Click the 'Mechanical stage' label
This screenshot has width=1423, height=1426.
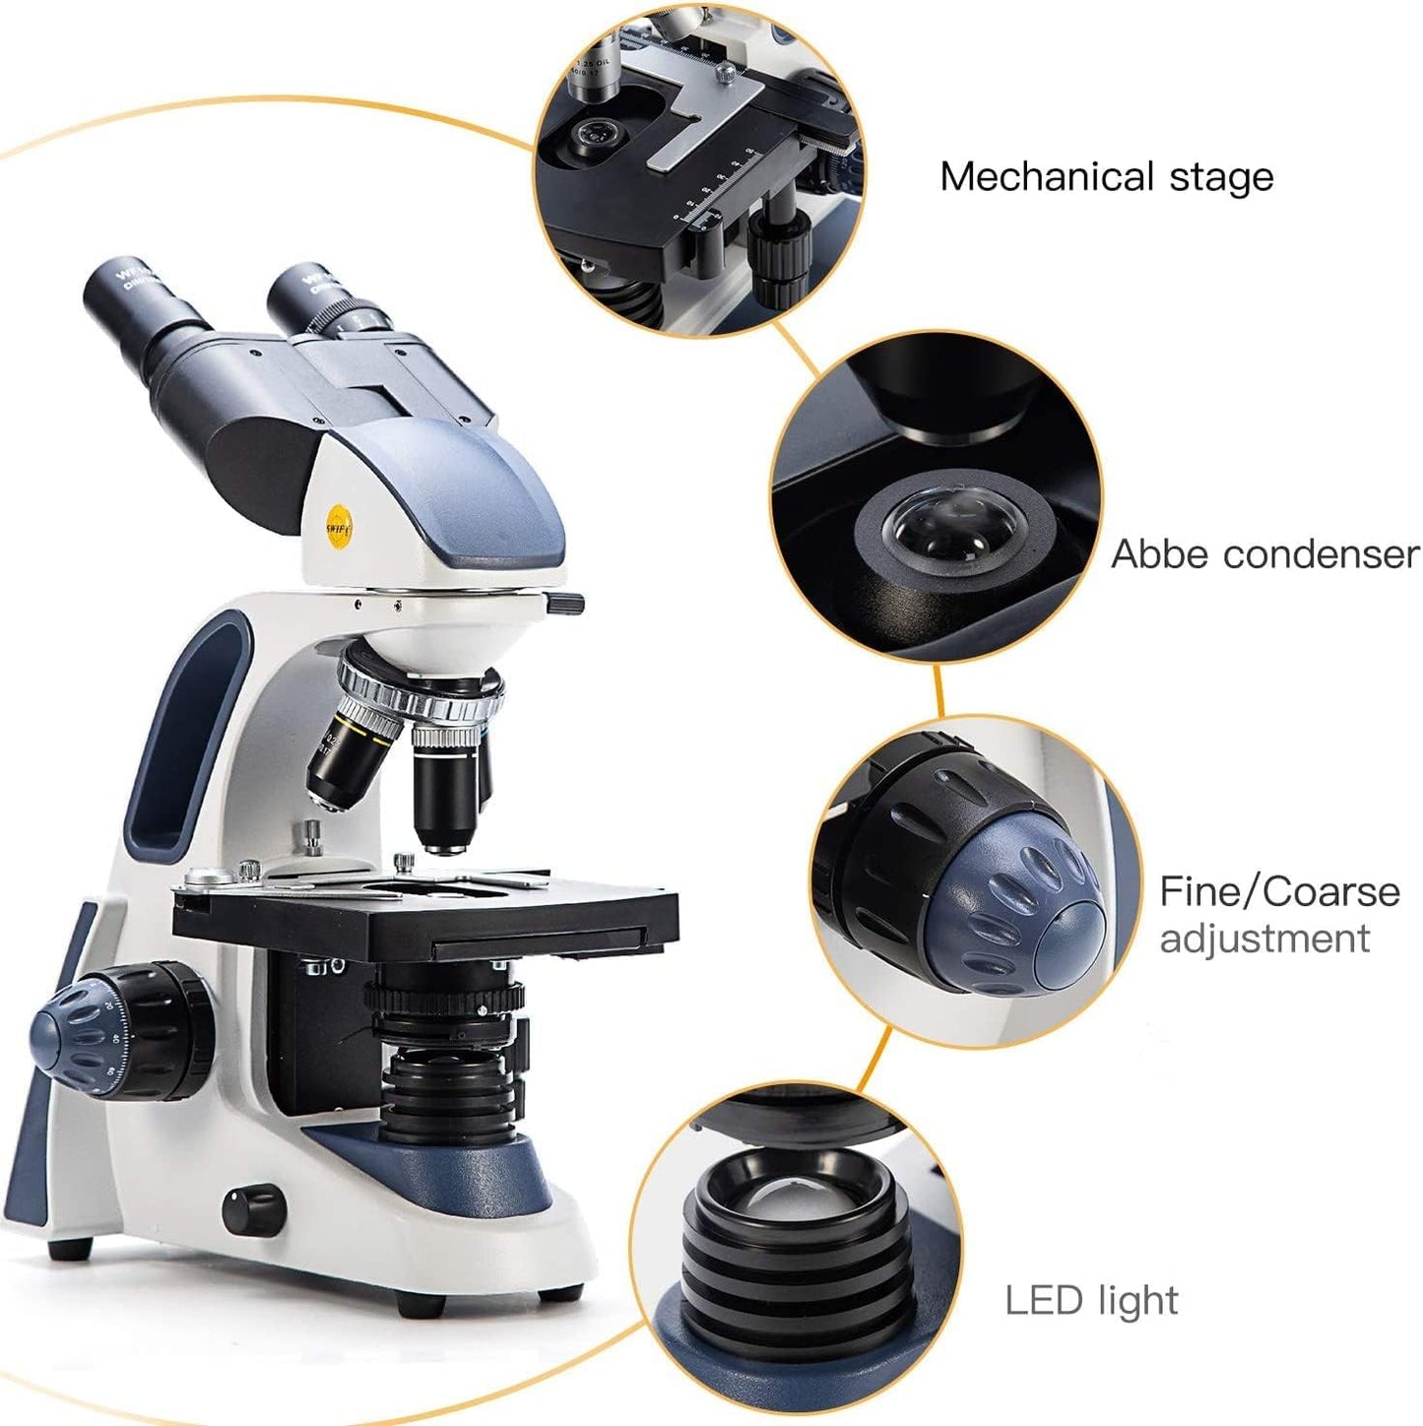(1106, 177)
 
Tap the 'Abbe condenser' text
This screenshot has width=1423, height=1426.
(1264, 554)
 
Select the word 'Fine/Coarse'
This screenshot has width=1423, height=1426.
(1279, 891)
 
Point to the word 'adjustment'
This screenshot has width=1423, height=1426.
(1264, 939)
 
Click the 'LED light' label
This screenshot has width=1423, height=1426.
(1091, 1300)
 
